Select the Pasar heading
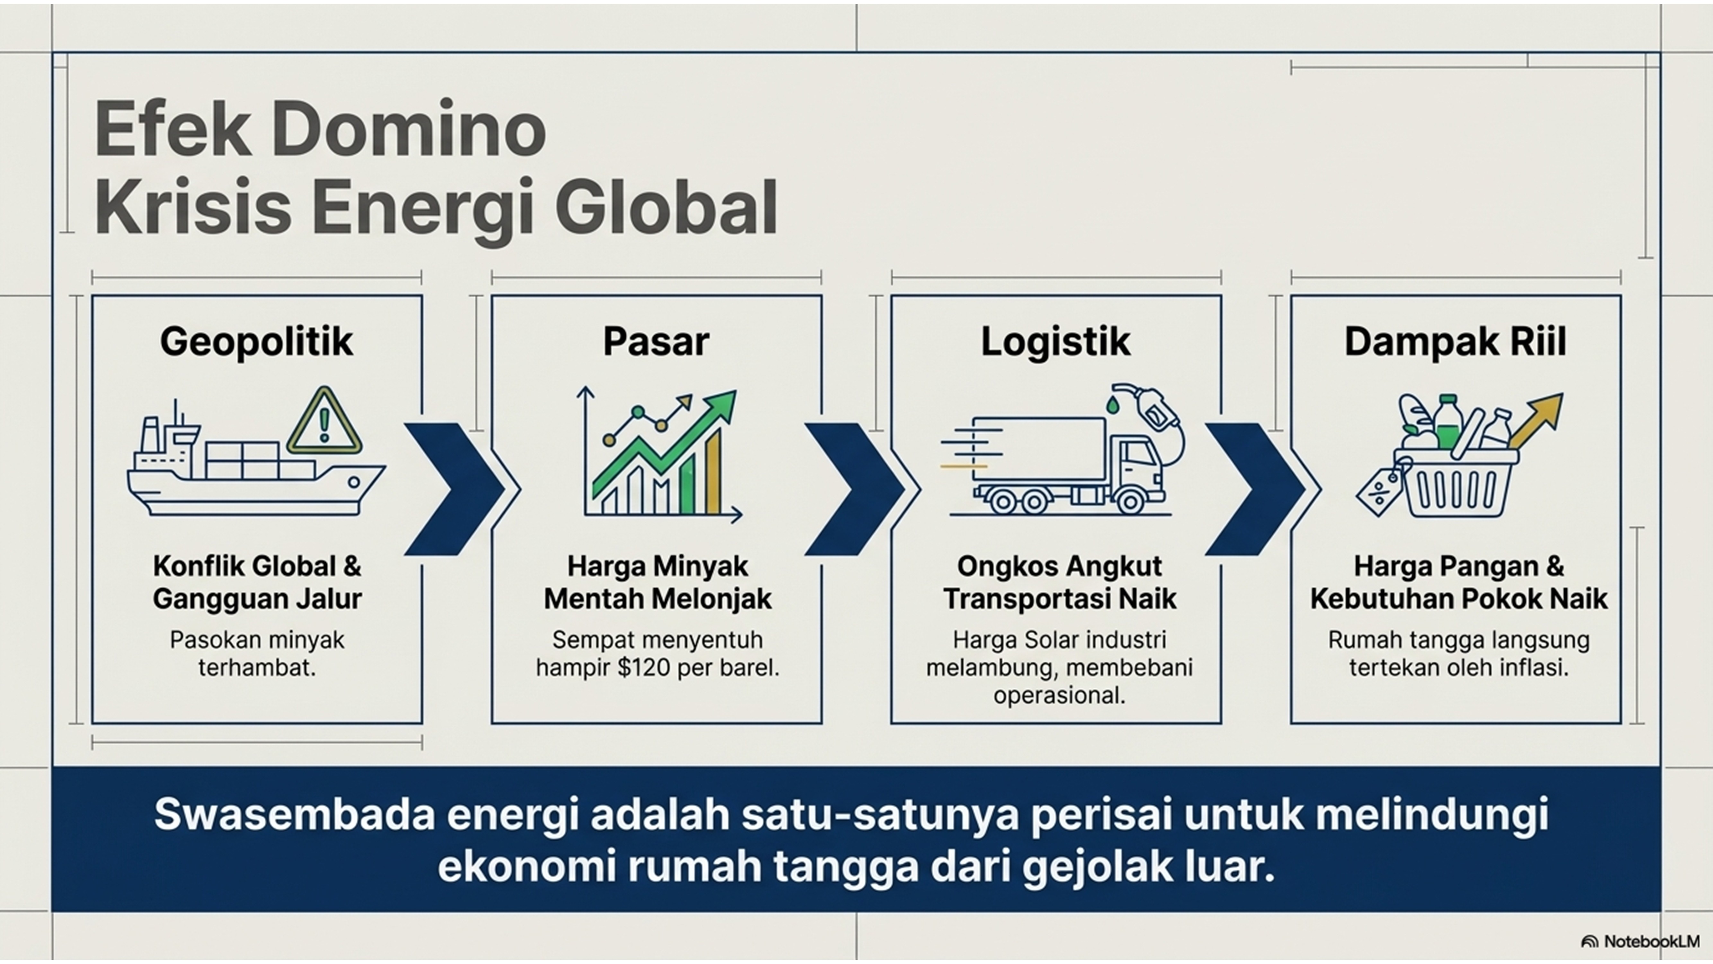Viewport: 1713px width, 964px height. coord(656,342)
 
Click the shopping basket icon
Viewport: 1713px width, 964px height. coord(1456,482)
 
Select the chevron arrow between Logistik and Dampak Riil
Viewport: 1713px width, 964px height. coord(1256,489)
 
